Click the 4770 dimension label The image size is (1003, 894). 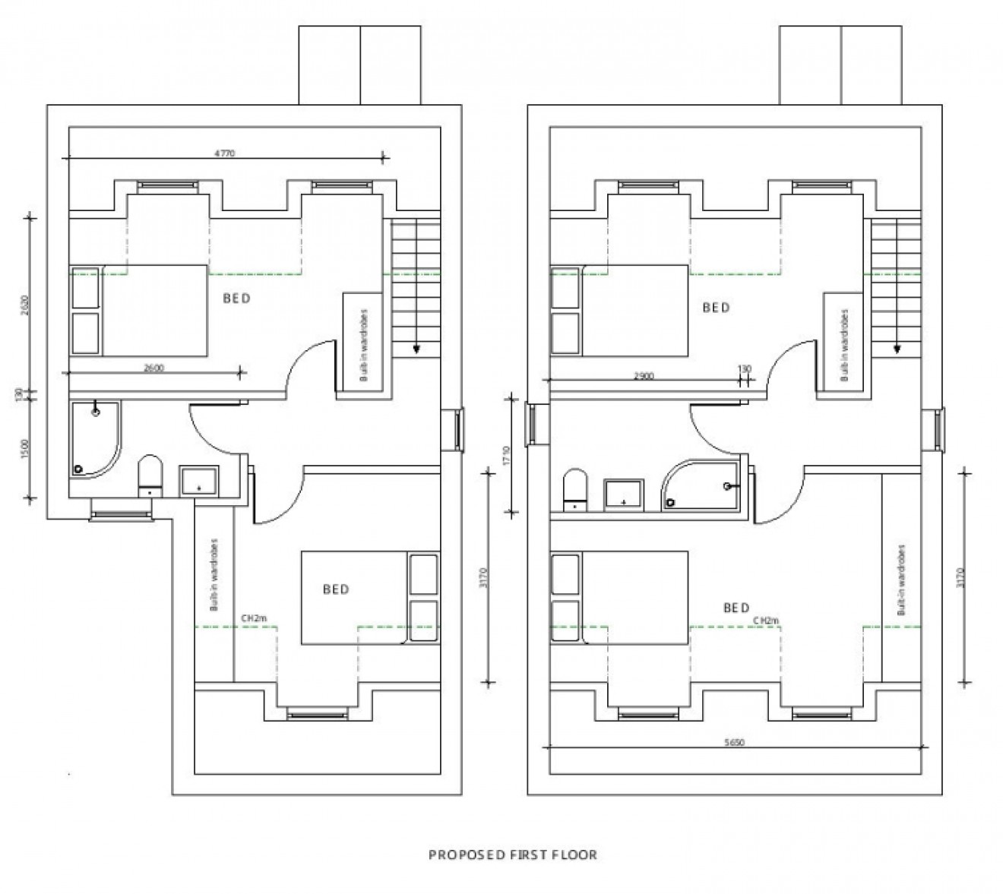224,153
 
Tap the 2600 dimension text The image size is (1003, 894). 153,368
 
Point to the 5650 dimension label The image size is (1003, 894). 733,743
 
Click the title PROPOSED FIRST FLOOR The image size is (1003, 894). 513,855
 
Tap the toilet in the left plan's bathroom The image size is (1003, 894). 150,476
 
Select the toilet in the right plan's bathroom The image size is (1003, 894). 574,491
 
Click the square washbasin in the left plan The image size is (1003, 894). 199,481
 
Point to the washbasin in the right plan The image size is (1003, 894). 624,494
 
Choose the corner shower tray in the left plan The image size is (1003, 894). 93,439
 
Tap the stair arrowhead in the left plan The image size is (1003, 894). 416,349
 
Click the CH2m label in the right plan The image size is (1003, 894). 766,621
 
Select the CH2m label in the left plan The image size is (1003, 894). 254,619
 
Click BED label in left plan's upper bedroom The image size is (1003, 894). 236,299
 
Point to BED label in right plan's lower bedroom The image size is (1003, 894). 736,608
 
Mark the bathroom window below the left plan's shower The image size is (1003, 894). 121,516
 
